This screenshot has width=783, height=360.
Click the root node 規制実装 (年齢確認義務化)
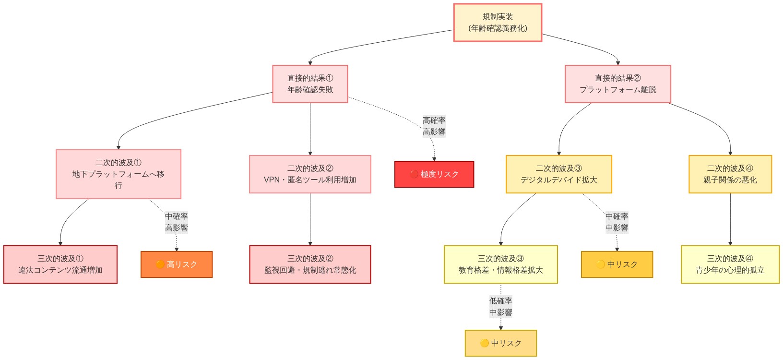coord(498,23)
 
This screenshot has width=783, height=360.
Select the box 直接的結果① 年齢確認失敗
coord(310,84)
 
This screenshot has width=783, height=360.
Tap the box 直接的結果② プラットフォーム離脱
coord(617,84)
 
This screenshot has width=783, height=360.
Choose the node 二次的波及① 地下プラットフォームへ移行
coord(118,174)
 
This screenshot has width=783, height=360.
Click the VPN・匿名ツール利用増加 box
coord(310,174)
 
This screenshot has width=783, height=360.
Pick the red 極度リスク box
coord(434,174)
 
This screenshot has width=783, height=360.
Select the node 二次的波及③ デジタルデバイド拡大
coord(558,174)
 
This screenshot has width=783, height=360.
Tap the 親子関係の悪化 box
coord(730,174)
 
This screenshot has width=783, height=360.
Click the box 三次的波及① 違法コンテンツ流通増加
coord(60,264)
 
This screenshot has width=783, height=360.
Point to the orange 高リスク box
coord(177,264)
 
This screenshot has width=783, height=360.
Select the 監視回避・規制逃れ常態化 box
coord(310,264)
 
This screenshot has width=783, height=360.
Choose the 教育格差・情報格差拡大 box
coord(500,264)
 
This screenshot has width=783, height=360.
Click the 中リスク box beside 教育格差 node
coord(617,264)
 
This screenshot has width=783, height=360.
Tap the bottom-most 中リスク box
coord(500,343)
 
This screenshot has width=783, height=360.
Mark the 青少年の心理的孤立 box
coord(730,264)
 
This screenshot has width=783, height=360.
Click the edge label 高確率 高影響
coord(434,126)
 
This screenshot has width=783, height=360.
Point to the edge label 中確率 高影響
coord(177,222)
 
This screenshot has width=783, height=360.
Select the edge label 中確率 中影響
coord(617,222)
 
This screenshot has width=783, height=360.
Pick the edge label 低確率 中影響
coord(500,307)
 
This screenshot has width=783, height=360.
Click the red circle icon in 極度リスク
coord(414,174)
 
